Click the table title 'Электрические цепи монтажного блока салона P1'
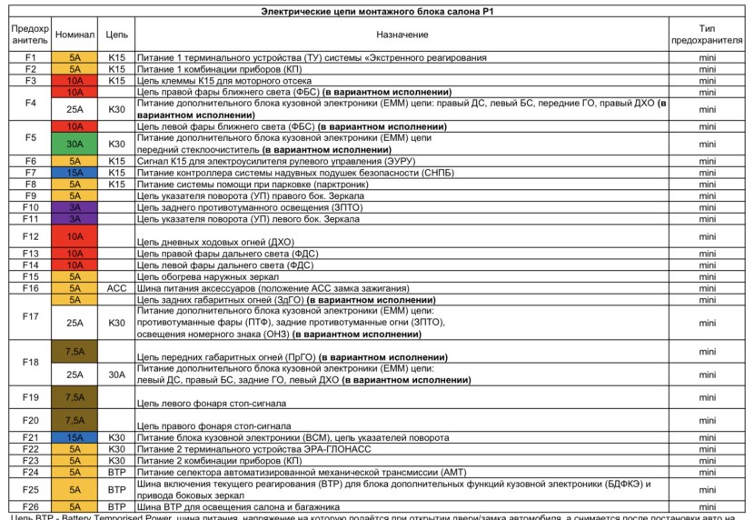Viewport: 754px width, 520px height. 377,11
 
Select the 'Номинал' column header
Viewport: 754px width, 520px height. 74,34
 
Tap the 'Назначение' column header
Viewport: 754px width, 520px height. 401,34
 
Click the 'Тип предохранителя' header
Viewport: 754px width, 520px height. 708,35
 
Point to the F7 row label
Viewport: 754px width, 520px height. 30,172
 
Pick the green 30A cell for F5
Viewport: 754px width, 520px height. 74,144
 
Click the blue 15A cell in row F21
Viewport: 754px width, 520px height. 74,437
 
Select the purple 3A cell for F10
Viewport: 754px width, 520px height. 74,207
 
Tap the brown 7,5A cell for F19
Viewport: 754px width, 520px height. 74,397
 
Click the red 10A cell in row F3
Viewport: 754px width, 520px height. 74,80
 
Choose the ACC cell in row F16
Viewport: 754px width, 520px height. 116,287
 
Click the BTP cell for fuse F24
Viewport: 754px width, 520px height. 116,472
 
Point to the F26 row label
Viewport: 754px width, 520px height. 30,506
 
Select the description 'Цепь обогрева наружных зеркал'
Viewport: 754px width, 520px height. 214,276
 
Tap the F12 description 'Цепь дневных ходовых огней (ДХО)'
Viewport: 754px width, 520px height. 215,241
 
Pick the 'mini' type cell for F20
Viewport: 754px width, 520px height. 708,420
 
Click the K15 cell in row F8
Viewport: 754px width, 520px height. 116,184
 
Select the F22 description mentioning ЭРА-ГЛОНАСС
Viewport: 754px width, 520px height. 256,449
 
